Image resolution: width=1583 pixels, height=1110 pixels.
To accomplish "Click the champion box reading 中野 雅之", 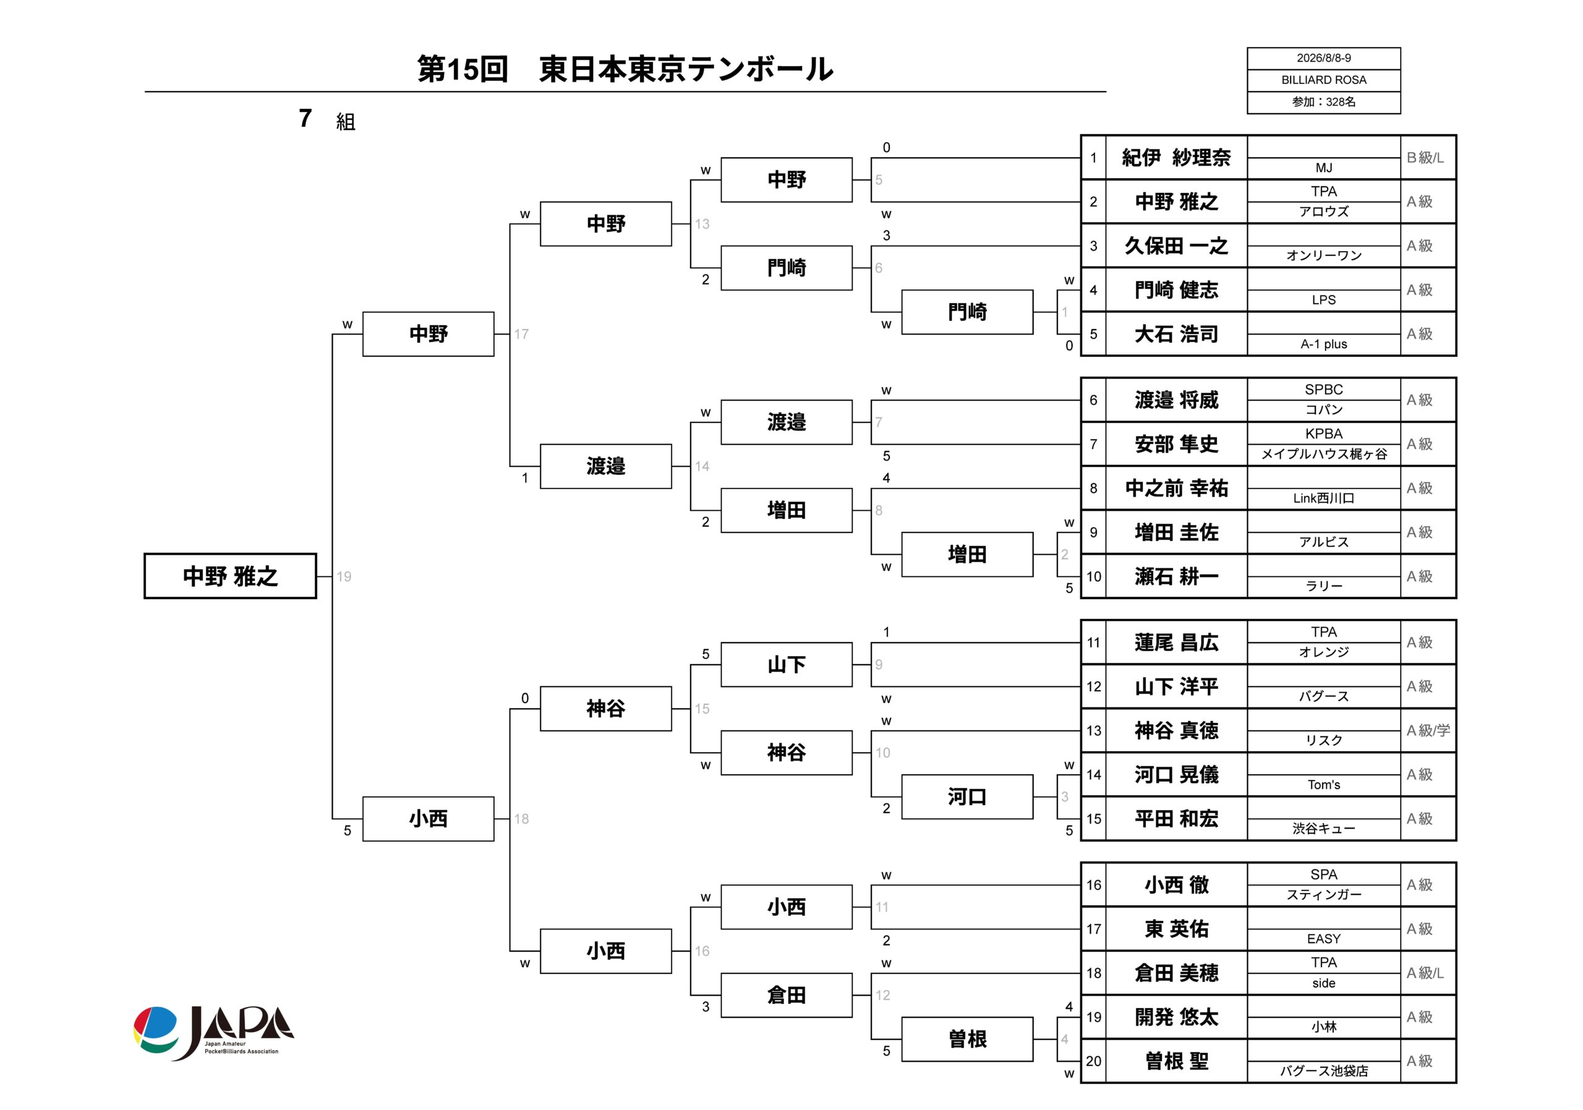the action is (230, 576).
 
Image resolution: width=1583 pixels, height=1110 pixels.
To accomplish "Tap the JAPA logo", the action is (214, 1032).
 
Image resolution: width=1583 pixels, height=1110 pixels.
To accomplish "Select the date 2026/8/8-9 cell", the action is (1323, 59).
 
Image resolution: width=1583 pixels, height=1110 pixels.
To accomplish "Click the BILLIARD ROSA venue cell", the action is (1323, 80).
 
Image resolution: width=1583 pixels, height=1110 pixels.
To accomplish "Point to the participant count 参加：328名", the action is (1323, 102).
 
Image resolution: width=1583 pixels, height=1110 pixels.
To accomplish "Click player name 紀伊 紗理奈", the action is (1176, 158).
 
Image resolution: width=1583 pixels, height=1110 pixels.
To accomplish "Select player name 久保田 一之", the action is (1176, 246).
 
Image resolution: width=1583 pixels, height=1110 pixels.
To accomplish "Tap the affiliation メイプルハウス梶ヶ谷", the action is (1324, 455).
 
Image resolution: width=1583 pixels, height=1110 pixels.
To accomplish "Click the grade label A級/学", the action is (1428, 730).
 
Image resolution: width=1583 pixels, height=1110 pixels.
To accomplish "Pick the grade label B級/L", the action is (1425, 158).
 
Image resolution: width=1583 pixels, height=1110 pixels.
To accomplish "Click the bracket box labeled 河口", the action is (967, 796).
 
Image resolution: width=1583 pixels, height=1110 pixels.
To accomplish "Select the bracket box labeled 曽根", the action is (967, 1039).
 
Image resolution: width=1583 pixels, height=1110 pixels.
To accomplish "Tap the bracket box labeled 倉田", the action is (787, 995).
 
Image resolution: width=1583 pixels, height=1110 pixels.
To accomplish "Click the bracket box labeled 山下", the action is (787, 665).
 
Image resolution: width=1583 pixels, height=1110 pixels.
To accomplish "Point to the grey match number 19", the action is (344, 576).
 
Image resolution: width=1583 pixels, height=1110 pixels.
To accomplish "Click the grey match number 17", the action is (521, 335).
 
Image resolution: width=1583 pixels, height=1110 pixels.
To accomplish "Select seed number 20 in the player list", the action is (1093, 1061).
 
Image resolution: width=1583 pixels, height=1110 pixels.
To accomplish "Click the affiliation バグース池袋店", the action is (1324, 1070).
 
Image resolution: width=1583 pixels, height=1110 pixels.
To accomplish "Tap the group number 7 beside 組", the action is (305, 119).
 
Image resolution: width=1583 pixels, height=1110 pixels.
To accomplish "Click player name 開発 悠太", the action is (1176, 1017).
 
